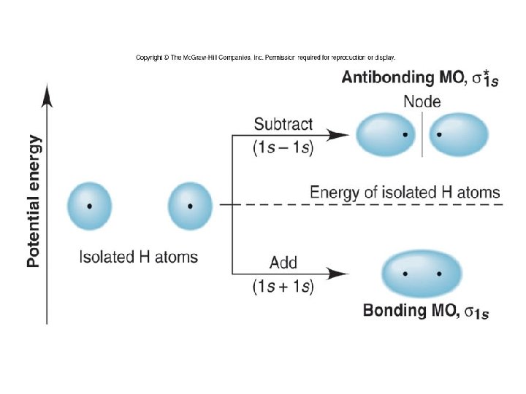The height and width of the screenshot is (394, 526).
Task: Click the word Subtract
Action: (x=283, y=124)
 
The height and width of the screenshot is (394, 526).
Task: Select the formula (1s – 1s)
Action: (x=283, y=148)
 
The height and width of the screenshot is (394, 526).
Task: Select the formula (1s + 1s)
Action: (x=283, y=287)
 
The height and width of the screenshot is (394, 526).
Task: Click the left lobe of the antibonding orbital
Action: (x=384, y=135)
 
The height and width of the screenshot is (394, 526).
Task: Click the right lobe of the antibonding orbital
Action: (x=458, y=135)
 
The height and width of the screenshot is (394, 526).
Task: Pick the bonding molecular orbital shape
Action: (x=422, y=274)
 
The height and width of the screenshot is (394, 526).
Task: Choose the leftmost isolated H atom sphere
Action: (x=89, y=206)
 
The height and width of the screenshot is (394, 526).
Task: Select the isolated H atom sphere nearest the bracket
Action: (x=190, y=206)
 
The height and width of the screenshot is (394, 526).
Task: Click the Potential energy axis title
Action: (x=34, y=200)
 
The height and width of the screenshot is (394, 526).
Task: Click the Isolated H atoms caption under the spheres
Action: (x=138, y=257)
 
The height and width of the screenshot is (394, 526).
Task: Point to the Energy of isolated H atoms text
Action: (x=405, y=193)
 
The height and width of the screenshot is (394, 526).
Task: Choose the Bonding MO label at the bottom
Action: (x=426, y=312)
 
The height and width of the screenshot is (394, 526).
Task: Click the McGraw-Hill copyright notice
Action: (x=265, y=57)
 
